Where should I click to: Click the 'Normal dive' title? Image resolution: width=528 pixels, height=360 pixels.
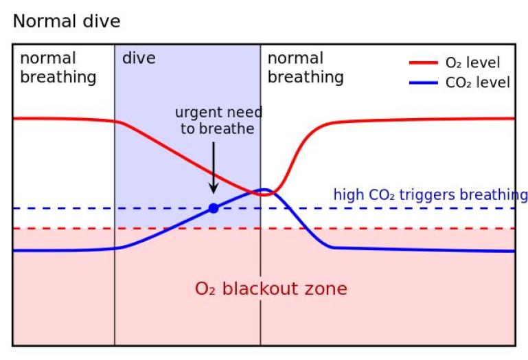(x=67, y=21)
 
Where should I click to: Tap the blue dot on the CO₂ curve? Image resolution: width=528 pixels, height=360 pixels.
(x=214, y=208)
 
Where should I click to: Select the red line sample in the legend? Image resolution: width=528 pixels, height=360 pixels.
(x=424, y=63)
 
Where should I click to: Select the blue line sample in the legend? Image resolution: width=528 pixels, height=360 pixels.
(x=424, y=83)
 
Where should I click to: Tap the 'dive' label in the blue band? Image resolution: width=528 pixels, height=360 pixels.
(x=139, y=58)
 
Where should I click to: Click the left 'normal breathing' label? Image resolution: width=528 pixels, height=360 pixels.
(x=58, y=67)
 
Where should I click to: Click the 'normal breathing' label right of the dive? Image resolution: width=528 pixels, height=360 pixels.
(x=306, y=67)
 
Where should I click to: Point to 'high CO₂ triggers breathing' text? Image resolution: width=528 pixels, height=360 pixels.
(x=431, y=195)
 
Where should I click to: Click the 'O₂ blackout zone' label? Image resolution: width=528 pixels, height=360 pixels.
(x=271, y=289)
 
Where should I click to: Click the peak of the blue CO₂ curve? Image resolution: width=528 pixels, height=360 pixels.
(x=263, y=189)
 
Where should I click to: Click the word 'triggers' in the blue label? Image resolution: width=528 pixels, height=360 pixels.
(x=443, y=195)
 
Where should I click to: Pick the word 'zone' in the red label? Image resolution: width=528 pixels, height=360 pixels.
(x=325, y=289)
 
